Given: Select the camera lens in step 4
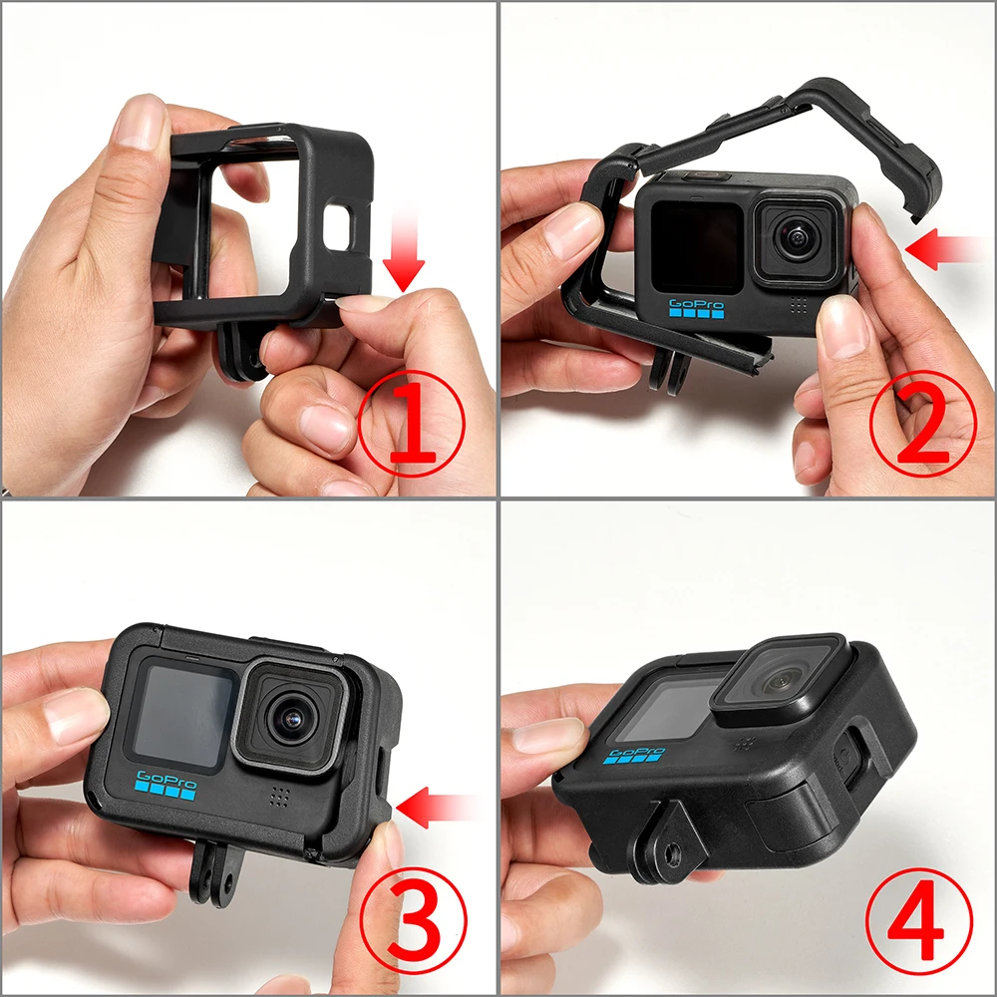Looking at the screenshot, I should click(x=780, y=681).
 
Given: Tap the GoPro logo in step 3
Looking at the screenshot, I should click(x=165, y=785).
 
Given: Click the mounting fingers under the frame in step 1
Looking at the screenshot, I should click(x=237, y=349).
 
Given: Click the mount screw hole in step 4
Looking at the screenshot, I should click(x=665, y=850).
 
